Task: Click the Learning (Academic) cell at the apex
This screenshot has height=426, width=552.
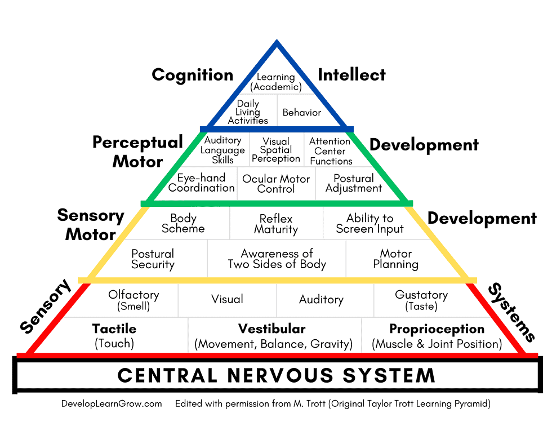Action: click(276, 82)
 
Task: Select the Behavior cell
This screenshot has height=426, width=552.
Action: click(302, 112)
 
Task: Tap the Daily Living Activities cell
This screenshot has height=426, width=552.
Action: click(248, 112)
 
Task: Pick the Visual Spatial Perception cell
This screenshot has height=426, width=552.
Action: click(276, 150)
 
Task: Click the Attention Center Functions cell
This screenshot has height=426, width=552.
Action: click(331, 151)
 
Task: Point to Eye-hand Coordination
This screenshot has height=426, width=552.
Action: click(201, 183)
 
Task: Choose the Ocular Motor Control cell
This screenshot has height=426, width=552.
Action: click(276, 184)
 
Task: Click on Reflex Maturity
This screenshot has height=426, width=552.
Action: click(276, 224)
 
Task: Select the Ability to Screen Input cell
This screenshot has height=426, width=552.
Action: click(370, 223)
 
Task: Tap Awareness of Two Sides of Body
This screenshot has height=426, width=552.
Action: click(277, 259)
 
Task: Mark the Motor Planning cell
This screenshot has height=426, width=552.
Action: click(395, 259)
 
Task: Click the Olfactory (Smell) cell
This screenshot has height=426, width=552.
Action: click(133, 300)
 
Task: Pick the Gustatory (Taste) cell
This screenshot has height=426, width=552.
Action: click(421, 300)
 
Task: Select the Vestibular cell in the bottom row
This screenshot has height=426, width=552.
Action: click(273, 336)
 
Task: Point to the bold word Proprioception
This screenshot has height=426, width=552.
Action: click(437, 329)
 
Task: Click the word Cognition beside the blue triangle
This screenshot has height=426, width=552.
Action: click(193, 75)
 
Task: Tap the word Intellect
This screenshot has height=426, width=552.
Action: click(352, 74)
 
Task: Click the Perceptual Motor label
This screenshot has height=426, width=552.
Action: click(138, 152)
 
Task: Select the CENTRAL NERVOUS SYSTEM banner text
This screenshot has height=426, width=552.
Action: click(277, 375)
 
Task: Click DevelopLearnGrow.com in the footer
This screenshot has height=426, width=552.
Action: click(112, 404)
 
